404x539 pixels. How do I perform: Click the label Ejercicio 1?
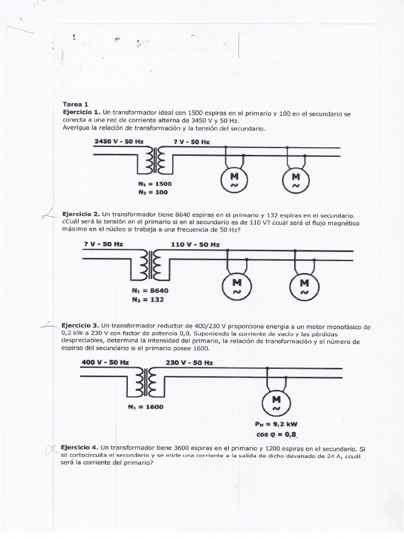[81, 112]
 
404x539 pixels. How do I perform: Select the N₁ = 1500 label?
[154, 184]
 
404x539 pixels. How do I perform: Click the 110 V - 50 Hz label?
[195, 244]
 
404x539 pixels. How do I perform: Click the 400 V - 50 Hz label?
[105, 362]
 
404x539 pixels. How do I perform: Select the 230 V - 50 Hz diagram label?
[189, 362]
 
